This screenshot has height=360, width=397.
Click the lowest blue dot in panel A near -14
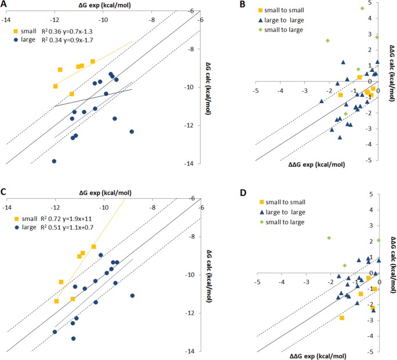pyautogui.click(x=54, y=161)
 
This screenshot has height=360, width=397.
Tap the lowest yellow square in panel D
pyautogui.click(x=342, y=318)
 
